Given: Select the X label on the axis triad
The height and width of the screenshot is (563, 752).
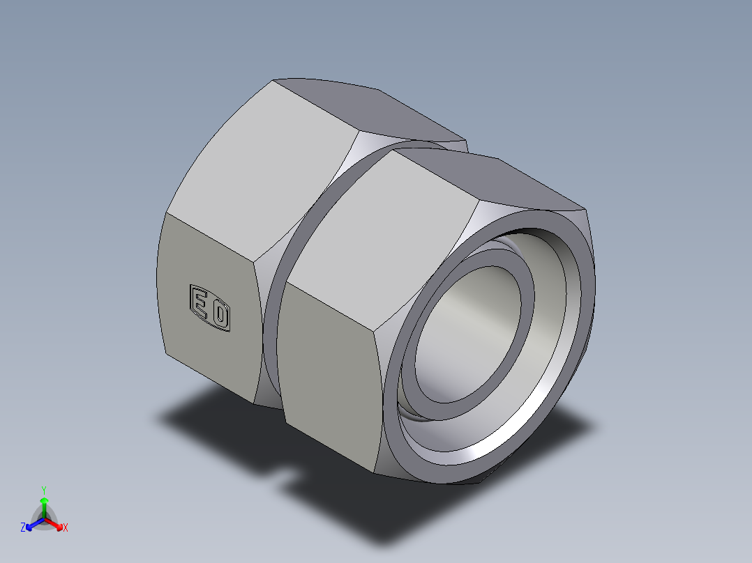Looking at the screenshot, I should coord(66,528).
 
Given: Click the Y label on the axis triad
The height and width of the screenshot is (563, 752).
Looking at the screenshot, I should coord(43,489).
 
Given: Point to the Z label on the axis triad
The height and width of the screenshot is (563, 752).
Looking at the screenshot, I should coord(23,528).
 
